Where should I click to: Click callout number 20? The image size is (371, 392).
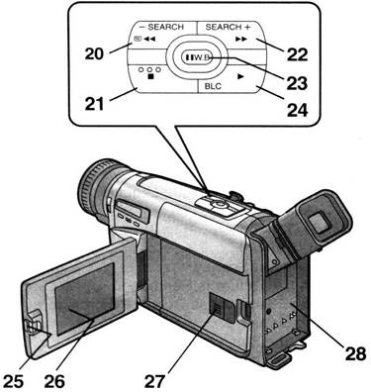pos(94,54)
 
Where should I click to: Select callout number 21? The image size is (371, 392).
pos(94,105)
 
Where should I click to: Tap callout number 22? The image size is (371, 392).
pos(297,54)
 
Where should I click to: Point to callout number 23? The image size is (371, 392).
pos(297,83)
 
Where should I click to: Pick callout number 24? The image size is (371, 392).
pos(298,111)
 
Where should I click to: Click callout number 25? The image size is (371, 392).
pos(13,381)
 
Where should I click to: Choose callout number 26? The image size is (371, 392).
pos(54,381)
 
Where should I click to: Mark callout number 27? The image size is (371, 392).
pos(154,382)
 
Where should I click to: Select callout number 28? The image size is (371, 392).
pos(355,354)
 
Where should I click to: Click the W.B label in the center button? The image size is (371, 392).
pos(201,57)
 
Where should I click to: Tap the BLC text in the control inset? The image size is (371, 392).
pos(213,87)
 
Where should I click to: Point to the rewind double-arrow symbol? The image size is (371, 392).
pos(149,39)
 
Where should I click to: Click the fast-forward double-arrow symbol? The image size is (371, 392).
pos(241,39)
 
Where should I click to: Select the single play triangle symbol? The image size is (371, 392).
pos(240,76)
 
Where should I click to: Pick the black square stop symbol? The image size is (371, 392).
pos(150,76)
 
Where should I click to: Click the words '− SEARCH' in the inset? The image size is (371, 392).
pos(161,27)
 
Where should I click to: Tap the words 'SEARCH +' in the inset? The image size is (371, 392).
pos(228,27)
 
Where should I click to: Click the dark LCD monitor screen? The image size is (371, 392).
pos(85,300)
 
